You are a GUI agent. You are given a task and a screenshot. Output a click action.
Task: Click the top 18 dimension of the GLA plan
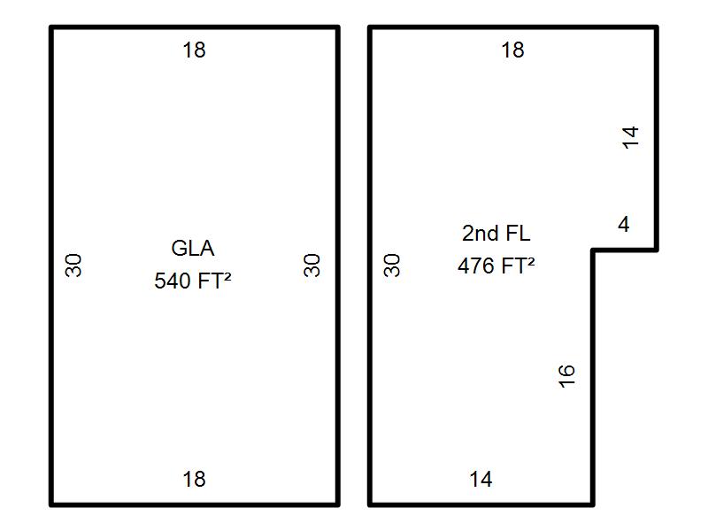click(x=194, y=50)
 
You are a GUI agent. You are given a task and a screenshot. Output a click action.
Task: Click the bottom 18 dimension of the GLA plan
click(x=194, y=480)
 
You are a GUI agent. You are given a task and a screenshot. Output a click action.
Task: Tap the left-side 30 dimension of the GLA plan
click(x=74, y=265)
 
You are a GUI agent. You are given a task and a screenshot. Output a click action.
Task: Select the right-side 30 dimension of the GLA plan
click(x=312, y=265)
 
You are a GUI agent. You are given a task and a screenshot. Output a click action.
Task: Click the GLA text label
click(x=193, y=248)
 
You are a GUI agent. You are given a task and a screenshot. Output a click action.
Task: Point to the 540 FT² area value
click(x=193, y=281)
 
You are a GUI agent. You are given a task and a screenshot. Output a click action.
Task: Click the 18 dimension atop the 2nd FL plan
click(x=512, y=50)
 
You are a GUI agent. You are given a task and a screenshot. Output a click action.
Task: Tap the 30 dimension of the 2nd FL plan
click(x=393, y=265)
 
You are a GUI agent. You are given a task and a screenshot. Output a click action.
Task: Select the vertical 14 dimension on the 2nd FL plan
click(x=630, y=136)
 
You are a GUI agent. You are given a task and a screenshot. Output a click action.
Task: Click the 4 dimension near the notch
click(x=624, y=225)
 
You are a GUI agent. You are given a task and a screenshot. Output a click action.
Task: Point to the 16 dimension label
click(x=568, y=374)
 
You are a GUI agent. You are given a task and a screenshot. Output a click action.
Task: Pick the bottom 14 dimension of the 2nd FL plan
click(x=481, y=480)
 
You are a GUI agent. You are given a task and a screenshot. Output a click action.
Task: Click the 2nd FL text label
click(x=496, y=234)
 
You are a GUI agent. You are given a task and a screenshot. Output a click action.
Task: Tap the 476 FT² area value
click(x=496, y=265)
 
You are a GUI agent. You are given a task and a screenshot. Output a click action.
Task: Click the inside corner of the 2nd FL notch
click(x=593, y=250)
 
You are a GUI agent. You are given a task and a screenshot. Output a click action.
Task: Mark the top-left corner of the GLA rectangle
click(x=51, y=27)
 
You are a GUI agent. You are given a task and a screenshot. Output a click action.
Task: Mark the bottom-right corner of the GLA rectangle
click(x=337, y=504)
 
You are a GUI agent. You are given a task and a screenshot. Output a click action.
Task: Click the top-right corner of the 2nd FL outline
click(x=657, y=27)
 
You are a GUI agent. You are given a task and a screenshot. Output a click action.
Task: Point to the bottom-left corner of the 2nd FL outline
click(x=370, y=504)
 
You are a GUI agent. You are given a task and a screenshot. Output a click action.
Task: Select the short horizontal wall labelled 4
click(x=625, y=250)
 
